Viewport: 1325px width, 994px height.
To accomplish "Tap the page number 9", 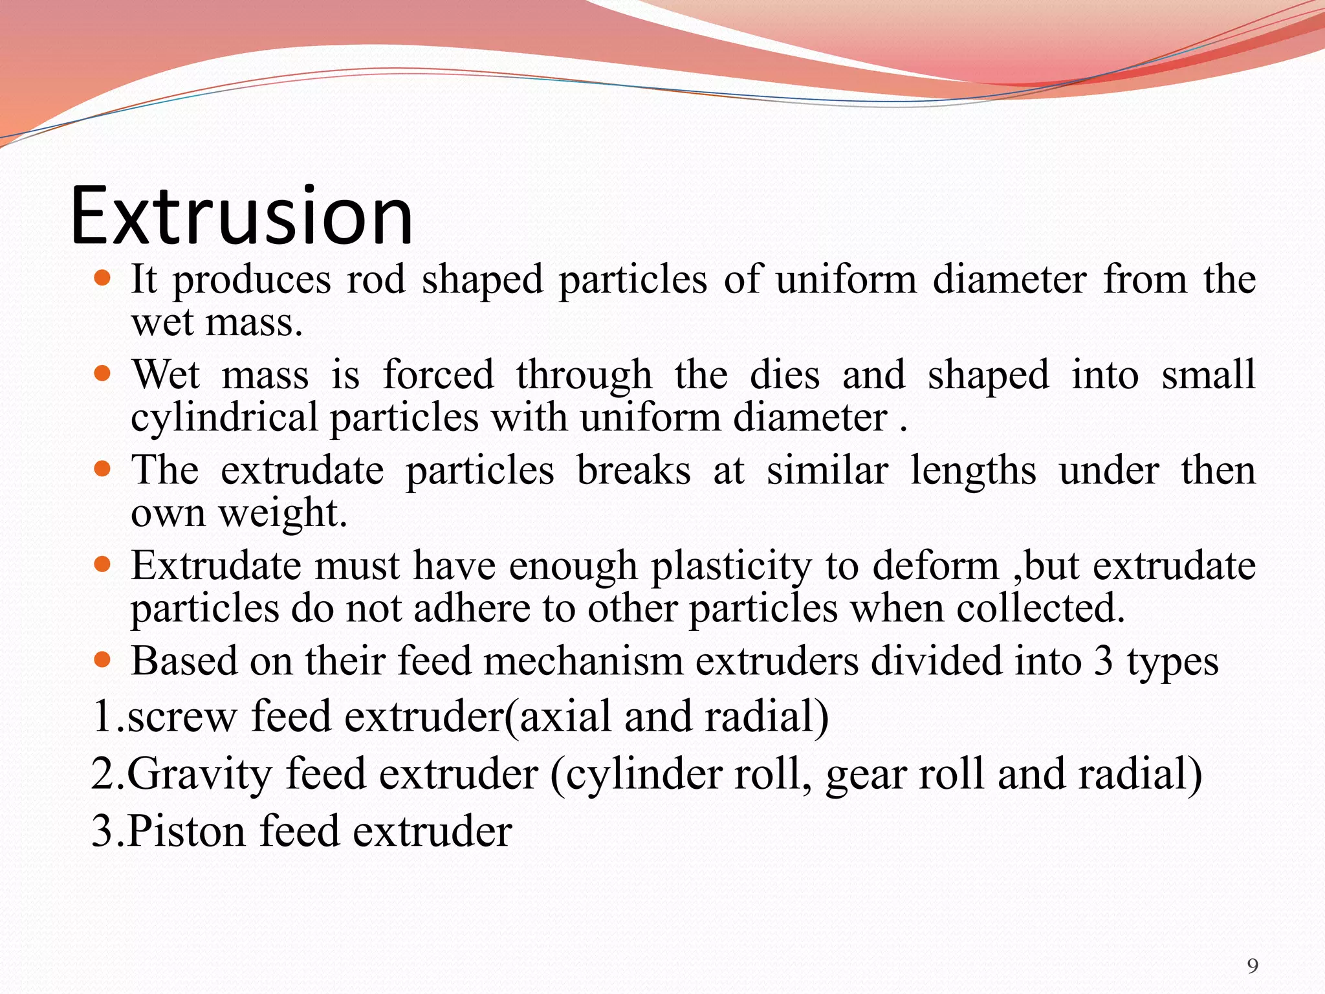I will tap(1253, 966).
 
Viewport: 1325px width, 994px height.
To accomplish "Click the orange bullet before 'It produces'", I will tap(102, 279).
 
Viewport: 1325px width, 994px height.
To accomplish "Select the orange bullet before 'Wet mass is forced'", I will tap(102, 374).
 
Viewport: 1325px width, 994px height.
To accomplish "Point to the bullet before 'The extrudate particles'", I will tap(102, 469).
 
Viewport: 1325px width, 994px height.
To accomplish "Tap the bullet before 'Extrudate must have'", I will tap(102, 564).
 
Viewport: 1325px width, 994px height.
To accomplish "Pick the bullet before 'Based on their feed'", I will tap(102, 660).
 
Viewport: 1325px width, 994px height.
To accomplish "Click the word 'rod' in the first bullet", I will tap(376, 280).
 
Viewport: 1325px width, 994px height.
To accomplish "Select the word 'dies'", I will tap(784, 375).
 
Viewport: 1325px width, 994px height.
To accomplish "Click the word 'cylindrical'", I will tap(224, 418).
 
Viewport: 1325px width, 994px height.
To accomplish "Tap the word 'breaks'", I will tap(633, 470).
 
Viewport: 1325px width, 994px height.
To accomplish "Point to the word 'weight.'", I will tap(283, 514).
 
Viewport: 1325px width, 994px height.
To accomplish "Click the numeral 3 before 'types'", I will tap(1103, 661).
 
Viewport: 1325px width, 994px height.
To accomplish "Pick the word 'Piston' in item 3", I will tap(186, 831).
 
